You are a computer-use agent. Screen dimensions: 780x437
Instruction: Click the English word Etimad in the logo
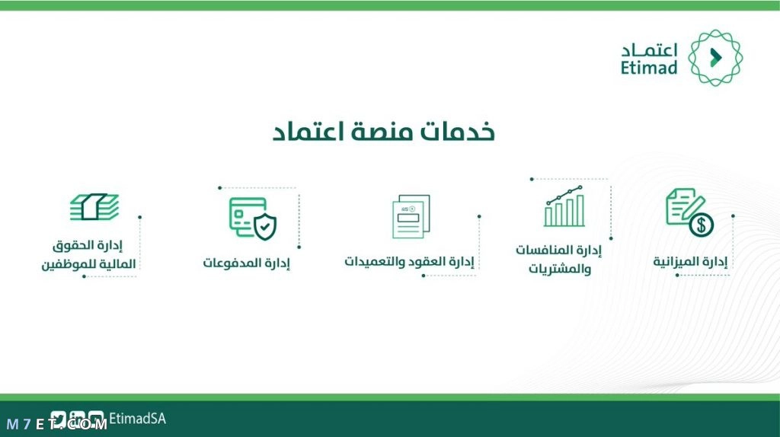[649, 67]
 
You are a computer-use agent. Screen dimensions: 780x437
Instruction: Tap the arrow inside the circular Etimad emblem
[716, 58]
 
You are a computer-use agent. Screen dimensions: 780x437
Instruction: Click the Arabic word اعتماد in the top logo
[649, 50]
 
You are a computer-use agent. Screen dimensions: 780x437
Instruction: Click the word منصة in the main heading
[382, 132]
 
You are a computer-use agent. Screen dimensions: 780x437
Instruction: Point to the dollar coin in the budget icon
[702, 225]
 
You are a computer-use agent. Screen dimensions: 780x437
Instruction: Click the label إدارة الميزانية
[690, 261]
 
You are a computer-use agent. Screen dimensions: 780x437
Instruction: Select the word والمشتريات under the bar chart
[560, 269]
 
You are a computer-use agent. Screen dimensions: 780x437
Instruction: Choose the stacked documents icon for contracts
[411, 216]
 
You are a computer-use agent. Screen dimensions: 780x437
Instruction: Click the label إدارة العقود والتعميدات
[409, 261]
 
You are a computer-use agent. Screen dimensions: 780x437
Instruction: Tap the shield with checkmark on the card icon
[264, 227]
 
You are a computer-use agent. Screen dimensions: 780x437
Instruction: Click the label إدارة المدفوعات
[246, 263]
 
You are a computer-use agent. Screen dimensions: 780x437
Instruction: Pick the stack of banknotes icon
[94, 206]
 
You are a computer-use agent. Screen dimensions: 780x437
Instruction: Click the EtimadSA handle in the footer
[137, 419]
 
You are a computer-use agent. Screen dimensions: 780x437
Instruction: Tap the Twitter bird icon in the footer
[58, 419]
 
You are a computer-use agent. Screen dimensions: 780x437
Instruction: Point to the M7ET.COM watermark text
[57, 424]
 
